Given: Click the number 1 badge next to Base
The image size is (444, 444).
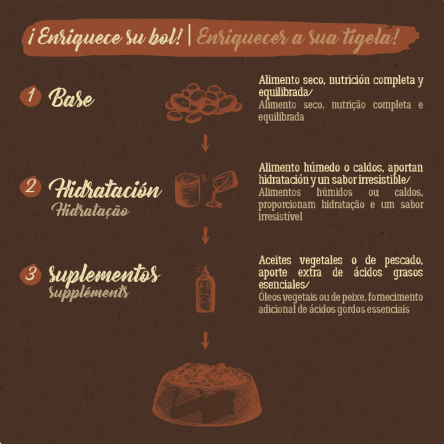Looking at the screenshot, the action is [30, 96].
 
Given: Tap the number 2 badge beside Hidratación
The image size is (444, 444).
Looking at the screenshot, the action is [30, 186].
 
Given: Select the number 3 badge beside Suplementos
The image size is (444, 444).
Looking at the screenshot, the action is [30, 275].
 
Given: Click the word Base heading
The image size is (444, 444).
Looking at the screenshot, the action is [71, 97].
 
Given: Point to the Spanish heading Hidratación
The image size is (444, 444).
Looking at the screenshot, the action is [105, 188].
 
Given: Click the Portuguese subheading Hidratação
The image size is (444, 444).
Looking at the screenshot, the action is [91, 210].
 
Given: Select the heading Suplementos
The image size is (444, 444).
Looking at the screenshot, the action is [105, 275].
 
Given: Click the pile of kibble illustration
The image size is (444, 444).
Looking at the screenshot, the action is [204, 103].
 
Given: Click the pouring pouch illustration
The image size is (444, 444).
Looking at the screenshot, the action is [222, 188].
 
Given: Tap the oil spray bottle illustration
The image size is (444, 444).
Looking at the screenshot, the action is [205, 289].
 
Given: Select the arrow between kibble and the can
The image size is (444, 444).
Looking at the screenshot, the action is [205, 143].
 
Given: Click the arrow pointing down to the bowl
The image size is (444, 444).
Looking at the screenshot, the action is [205, 340].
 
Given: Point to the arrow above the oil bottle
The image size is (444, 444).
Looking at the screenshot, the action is [205, 235].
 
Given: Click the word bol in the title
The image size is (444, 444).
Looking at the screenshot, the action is [165, 37].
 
